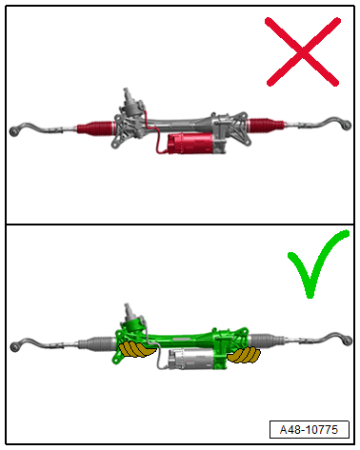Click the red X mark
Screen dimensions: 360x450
(x=303, y=51)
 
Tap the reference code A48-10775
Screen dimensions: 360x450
(x=309, y=430)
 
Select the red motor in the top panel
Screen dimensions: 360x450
(x=190, y=144)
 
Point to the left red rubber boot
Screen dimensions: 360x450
(x=95, y=127)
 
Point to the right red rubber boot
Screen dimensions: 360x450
(x=266, y=125)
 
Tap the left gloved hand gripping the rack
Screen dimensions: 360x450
(x=136, y=349)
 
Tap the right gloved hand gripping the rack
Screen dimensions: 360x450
(x=244, y=355)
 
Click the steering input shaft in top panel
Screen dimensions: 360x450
(x=127, y=94)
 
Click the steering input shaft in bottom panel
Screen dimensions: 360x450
(x=129, y=310)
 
